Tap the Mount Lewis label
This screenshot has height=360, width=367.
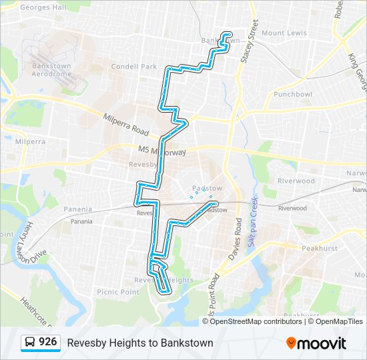(x=284, y=33)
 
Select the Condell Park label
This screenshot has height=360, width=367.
(x=134, y=66)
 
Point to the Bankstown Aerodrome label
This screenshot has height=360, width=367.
(x=51, y=69)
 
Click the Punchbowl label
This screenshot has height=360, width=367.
(x=293, y=94)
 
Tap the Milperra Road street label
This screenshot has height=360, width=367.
(x=126, y=123)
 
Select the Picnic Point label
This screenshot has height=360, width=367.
(x=118, y=292)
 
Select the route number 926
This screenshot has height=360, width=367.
(x=48, y=343)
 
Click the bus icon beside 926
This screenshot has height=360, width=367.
(x=31, y=343)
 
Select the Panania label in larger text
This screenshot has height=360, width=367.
(x=78, y=209)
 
